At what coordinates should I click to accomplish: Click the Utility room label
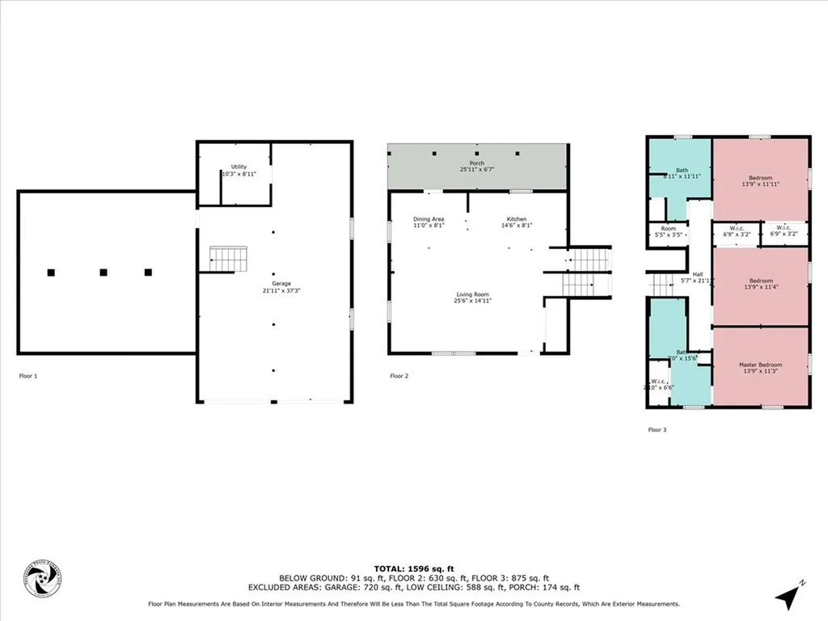(x=239, y=167)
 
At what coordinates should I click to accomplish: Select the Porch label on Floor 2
(x=476, y=163)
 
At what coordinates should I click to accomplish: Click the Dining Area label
(x=429, y=219)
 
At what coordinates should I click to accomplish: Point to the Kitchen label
(x=517, y=219)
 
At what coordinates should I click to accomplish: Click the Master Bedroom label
(x=760, y=365)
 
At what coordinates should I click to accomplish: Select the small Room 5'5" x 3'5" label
(x=668, y=229)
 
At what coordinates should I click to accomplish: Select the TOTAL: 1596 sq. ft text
(x=413, y=568)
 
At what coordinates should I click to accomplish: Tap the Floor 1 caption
(x=27, y=376)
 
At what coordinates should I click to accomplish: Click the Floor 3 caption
(x=657, y=430)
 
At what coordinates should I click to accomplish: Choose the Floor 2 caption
(x=399, y=376)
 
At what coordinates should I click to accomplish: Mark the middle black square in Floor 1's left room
(x=103, y=272)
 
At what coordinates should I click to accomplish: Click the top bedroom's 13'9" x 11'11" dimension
(x=760, y=184)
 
